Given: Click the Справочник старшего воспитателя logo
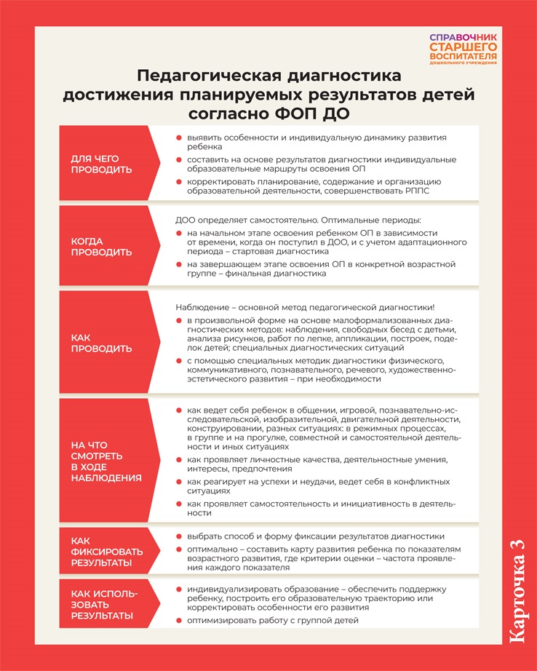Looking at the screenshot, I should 463,49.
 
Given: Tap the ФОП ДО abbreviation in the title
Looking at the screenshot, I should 318,114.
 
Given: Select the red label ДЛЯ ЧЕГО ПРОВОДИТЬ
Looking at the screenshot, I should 101,164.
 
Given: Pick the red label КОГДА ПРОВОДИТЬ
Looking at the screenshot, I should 101,246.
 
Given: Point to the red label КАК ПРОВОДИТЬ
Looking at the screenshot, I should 101,343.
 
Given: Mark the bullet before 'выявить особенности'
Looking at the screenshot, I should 179,137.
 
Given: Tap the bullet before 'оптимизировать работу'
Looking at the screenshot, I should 179,620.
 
